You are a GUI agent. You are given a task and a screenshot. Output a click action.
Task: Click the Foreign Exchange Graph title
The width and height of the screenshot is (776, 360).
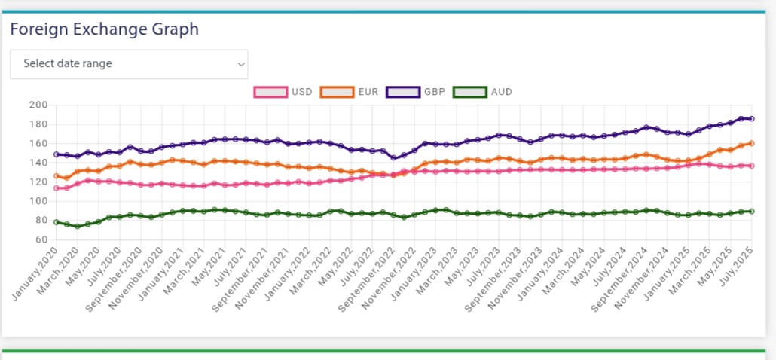[x=104, y=29]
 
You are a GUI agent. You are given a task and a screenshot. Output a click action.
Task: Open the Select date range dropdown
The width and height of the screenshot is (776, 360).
[x=129, y=64]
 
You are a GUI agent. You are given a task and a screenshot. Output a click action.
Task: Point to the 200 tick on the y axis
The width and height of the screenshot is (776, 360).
[x=38, y=105]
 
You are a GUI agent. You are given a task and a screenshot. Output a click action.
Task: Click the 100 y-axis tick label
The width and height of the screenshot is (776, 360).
[x=38, y=201]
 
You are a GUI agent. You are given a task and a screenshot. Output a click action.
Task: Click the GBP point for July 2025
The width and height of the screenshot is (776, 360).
[x=751, y=118]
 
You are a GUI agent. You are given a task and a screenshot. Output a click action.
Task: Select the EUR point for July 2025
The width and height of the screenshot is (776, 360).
[x=751, y=143]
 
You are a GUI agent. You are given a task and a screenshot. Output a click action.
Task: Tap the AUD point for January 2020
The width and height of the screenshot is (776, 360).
[x=56, y=222]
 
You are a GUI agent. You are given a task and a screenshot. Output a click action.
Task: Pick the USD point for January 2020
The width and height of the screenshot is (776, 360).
[x=56, y=188]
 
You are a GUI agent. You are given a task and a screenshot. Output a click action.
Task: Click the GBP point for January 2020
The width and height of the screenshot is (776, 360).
[x=56, y=154]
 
